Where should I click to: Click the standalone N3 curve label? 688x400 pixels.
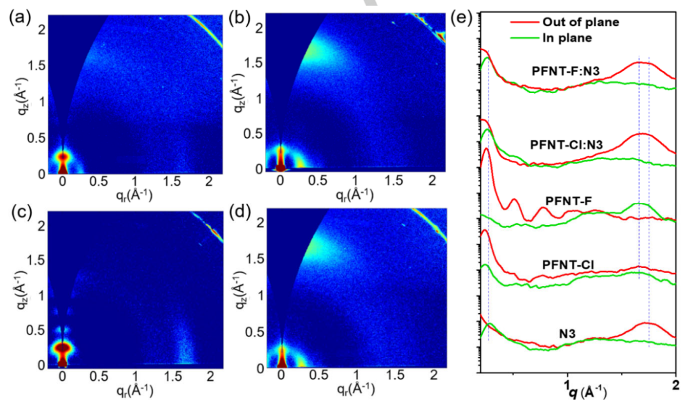click(x=568, y=332)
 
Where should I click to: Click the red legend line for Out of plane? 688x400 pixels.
click(x=523, y=22)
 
